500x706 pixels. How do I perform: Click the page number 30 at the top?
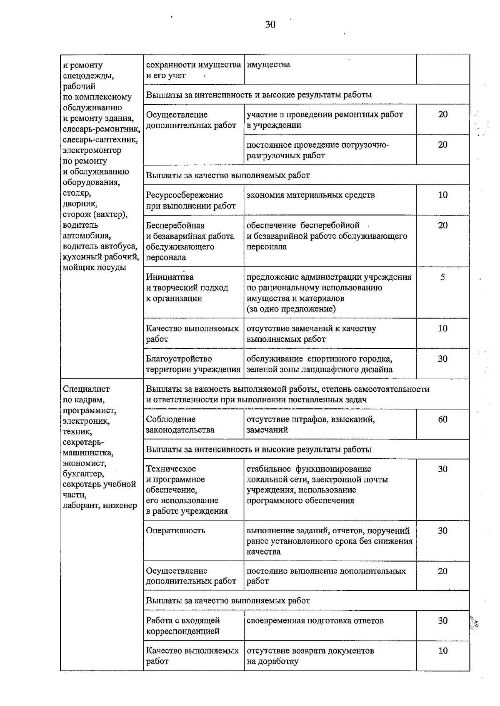click(x=270, y=25)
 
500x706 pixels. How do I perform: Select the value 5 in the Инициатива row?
click(x=442, y=277)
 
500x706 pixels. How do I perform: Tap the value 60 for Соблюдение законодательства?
click(x=442, y=419)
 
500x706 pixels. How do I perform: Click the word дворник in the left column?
click(x=80, y=204)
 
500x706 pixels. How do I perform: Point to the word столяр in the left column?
click(x=77, y=193)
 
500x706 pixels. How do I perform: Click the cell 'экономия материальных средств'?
click(x=310, y=195)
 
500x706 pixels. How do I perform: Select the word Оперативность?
click(x=175, y=530)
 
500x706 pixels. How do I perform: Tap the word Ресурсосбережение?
click(x=184, y=195)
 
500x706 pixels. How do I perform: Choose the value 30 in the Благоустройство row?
click(x=442, y=359)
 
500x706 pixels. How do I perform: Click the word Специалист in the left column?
click(x=86, y=389)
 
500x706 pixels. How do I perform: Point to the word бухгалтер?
click(x=83, y=474)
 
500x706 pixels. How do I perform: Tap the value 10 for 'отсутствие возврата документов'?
click(x=442, y=651)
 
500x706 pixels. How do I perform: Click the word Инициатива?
click(x=170, y=277)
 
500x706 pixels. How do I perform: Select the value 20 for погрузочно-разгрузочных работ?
click(x=442, y=145)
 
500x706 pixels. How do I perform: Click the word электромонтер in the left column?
click(x=92, y=150)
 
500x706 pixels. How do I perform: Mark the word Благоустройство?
click(x=179, y=359)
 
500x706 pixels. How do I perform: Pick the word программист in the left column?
click(x=89, y=410)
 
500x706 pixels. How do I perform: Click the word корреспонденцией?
click(x=182, y=631)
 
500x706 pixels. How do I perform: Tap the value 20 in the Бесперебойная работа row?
click(x=442, y=226)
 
